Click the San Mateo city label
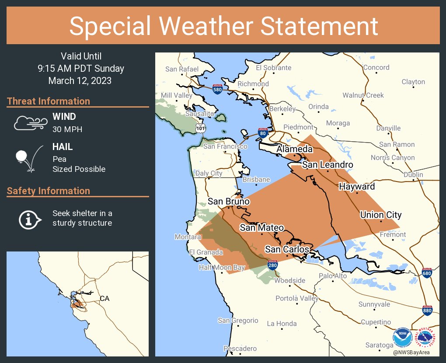click(x=261, y=227)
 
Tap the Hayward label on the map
click(x=357, y=187)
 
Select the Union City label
click(x=380, y=215)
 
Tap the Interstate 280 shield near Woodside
click(x=272, y=265)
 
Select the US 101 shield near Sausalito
click(x=200, y=127)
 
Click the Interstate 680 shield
click(x=428, y=273)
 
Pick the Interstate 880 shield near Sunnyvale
click(x=428, y=310)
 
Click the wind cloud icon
click(x=29, y=123)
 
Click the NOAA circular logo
click(x=402, y=338)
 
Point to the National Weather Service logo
click(x=426, y=338)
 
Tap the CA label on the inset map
click(x=105, y=298)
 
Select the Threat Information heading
click(x=49, y=101)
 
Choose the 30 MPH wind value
click(x=67, y=129)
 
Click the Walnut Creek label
click(x=363, y=95)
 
